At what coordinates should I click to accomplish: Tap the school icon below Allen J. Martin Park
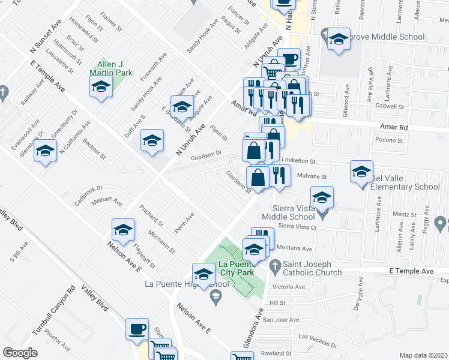[101, 88]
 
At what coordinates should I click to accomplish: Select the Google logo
[20, 352]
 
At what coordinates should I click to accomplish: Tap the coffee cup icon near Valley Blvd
[136, 329]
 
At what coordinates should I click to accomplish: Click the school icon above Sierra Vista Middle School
[322, 197]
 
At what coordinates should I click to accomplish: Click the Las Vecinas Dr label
[318, 340]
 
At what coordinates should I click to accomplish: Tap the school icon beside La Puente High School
[203, 274]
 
